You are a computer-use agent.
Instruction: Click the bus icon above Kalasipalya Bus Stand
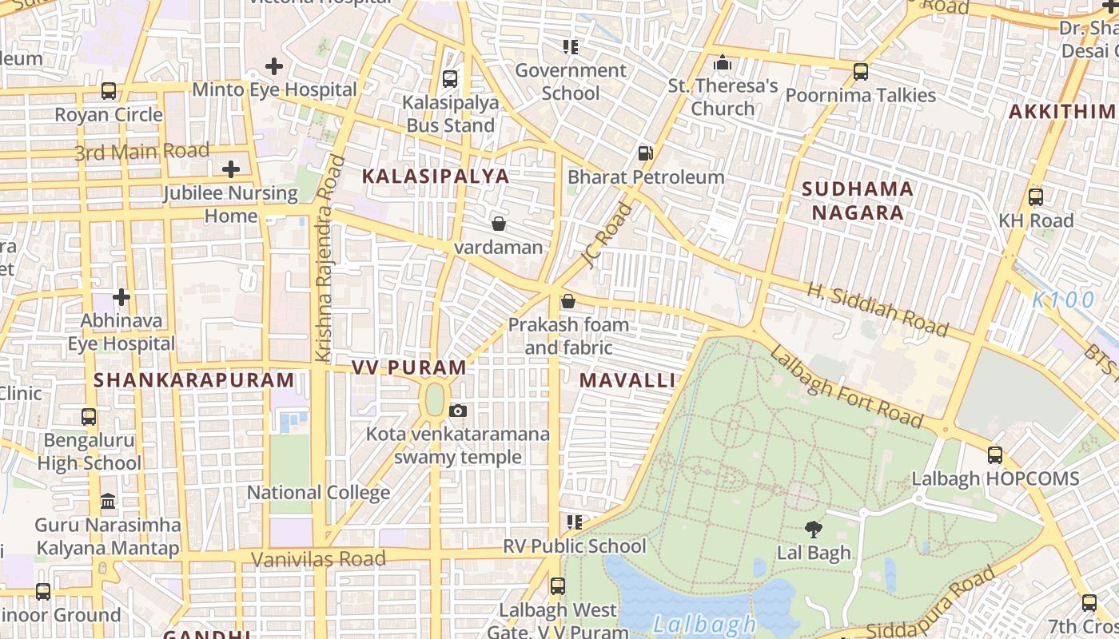tap(450, 78)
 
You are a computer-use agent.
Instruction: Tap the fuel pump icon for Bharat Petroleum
tap(645, 153)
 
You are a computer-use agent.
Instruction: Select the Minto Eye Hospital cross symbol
tap(274, 65)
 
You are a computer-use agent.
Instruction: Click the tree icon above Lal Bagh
tap(814, 528)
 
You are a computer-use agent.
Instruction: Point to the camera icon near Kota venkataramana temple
tap(457, 411)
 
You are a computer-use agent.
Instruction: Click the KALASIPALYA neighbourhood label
tap(436, 177)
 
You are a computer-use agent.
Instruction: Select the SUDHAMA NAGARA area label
tap(858, 200)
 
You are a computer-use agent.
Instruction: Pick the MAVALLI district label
tap(627, 380)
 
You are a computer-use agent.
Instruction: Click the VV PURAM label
tap(409, 367)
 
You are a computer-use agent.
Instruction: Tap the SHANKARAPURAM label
tap(194, 380)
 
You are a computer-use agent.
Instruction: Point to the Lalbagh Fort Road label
tap(846, 387)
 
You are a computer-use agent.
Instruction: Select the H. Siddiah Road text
tap(877, 310)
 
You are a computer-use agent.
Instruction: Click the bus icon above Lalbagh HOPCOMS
tap(995, 454)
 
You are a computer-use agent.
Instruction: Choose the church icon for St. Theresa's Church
tap(723, 62)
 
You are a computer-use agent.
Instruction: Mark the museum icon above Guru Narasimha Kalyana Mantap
tap(108, 502)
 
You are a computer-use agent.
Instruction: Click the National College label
tap(318, 492)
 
